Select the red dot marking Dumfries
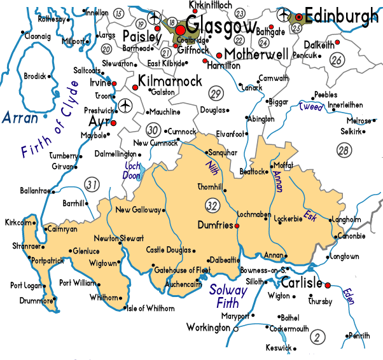click(237, 225)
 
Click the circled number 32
click(212, 205)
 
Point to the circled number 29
click(215, 95)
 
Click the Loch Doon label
click(132, 171)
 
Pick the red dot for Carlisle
click(328, 284)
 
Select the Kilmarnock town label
click(170, 81)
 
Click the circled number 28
click(344, 150)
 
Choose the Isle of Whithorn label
click(151, 308)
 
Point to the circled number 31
click(93, 185)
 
